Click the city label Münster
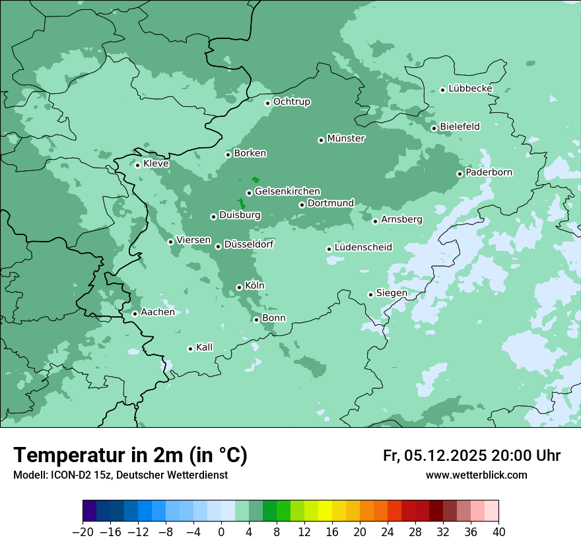(345, 139)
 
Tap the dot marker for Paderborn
(460, 174)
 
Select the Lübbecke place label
(470, 88)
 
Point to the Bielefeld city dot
(434, 128)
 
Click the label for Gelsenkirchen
(287, 191)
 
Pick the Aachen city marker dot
(135, 314)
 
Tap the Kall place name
(205, 347)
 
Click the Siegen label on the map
(392, 293)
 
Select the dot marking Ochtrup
(267, 102)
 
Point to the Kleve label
(156, 164)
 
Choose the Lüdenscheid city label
(363, 248)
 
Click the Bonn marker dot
(257, 320)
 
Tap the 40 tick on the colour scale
(498, 532)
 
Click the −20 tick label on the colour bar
(83, 532)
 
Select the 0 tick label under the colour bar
(221, 532)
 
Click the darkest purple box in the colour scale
(90, 511)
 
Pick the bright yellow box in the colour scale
(325, 511)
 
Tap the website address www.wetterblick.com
(476, 475)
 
